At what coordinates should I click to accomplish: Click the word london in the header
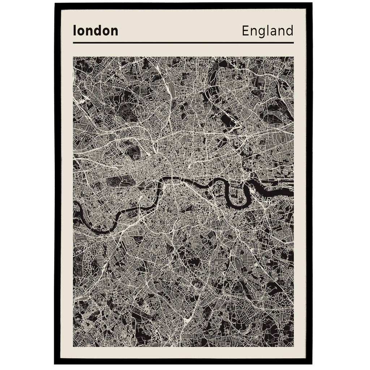point(95,31)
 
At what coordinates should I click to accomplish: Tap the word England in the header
point(267,31)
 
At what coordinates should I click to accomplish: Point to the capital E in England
point(245,31)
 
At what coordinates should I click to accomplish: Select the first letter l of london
point(74,30)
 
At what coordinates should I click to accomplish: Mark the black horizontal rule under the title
point(183,43)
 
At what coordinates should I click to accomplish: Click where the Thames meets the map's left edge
point(74,206)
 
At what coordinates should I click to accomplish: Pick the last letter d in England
point(289,31)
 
